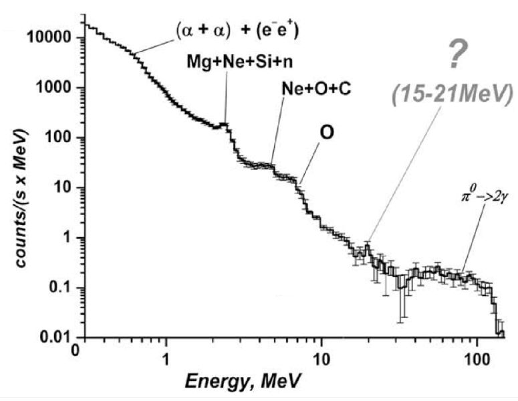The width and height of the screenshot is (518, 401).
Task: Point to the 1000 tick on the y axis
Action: [55, 88]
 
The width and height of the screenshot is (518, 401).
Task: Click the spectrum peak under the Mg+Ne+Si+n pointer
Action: [225, 124]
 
